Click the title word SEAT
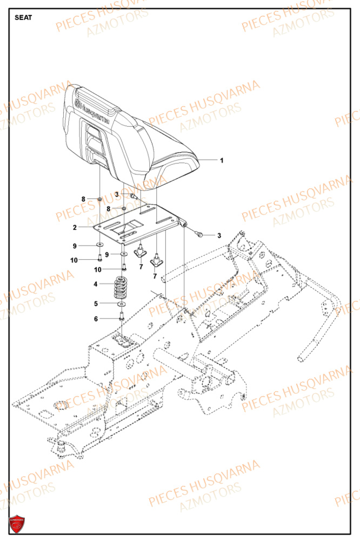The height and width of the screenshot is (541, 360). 23,17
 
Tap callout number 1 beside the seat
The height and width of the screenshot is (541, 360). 221,160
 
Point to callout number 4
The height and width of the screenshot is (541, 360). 96,284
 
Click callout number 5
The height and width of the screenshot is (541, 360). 96,304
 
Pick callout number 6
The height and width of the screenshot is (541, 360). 96,319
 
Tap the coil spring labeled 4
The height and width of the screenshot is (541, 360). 124,288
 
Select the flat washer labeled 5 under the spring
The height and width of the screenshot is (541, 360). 122,305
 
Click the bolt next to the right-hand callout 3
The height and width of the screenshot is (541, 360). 200,234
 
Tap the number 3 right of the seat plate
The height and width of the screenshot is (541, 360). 219,235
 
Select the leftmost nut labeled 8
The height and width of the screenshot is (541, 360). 100,200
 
